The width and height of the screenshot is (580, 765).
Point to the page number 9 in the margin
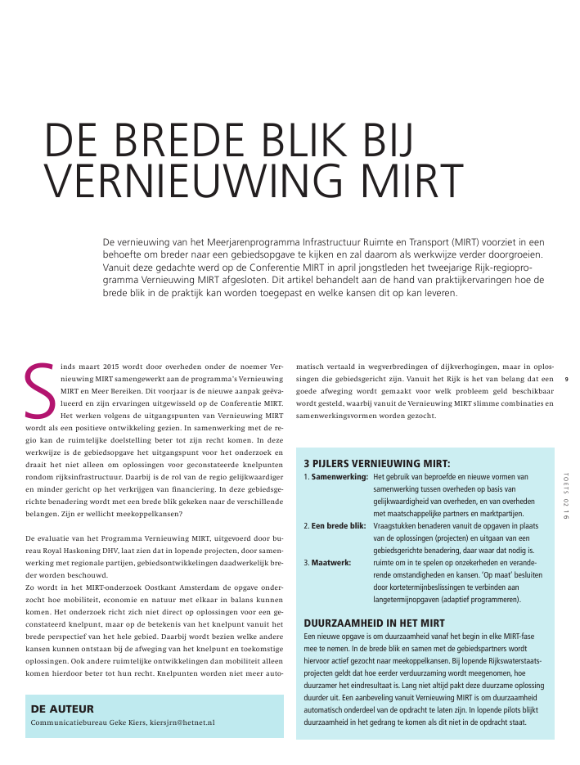pyautogui.click(x=567, y=379)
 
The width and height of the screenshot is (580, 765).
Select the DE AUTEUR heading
pyautogui.click(x=62, y=709)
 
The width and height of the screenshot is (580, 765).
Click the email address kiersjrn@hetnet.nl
pyautogui.click(x=182, y=723)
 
